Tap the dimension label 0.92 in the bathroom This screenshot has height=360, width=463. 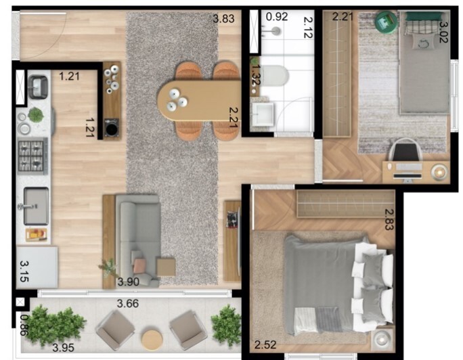(x=275, y=16)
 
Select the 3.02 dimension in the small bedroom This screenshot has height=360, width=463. (x=444, y=32)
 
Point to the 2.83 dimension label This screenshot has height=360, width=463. (x=389, y=219)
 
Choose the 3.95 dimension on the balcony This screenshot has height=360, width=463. (x=65, y=348)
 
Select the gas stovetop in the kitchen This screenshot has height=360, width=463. (x=32, y=156)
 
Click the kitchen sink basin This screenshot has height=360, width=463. (x=36, y=206)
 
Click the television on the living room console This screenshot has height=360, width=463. (x=232, y=220)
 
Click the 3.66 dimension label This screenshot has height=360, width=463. (x=127, y=303)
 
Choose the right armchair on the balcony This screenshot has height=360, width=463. (x=188, y=330)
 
